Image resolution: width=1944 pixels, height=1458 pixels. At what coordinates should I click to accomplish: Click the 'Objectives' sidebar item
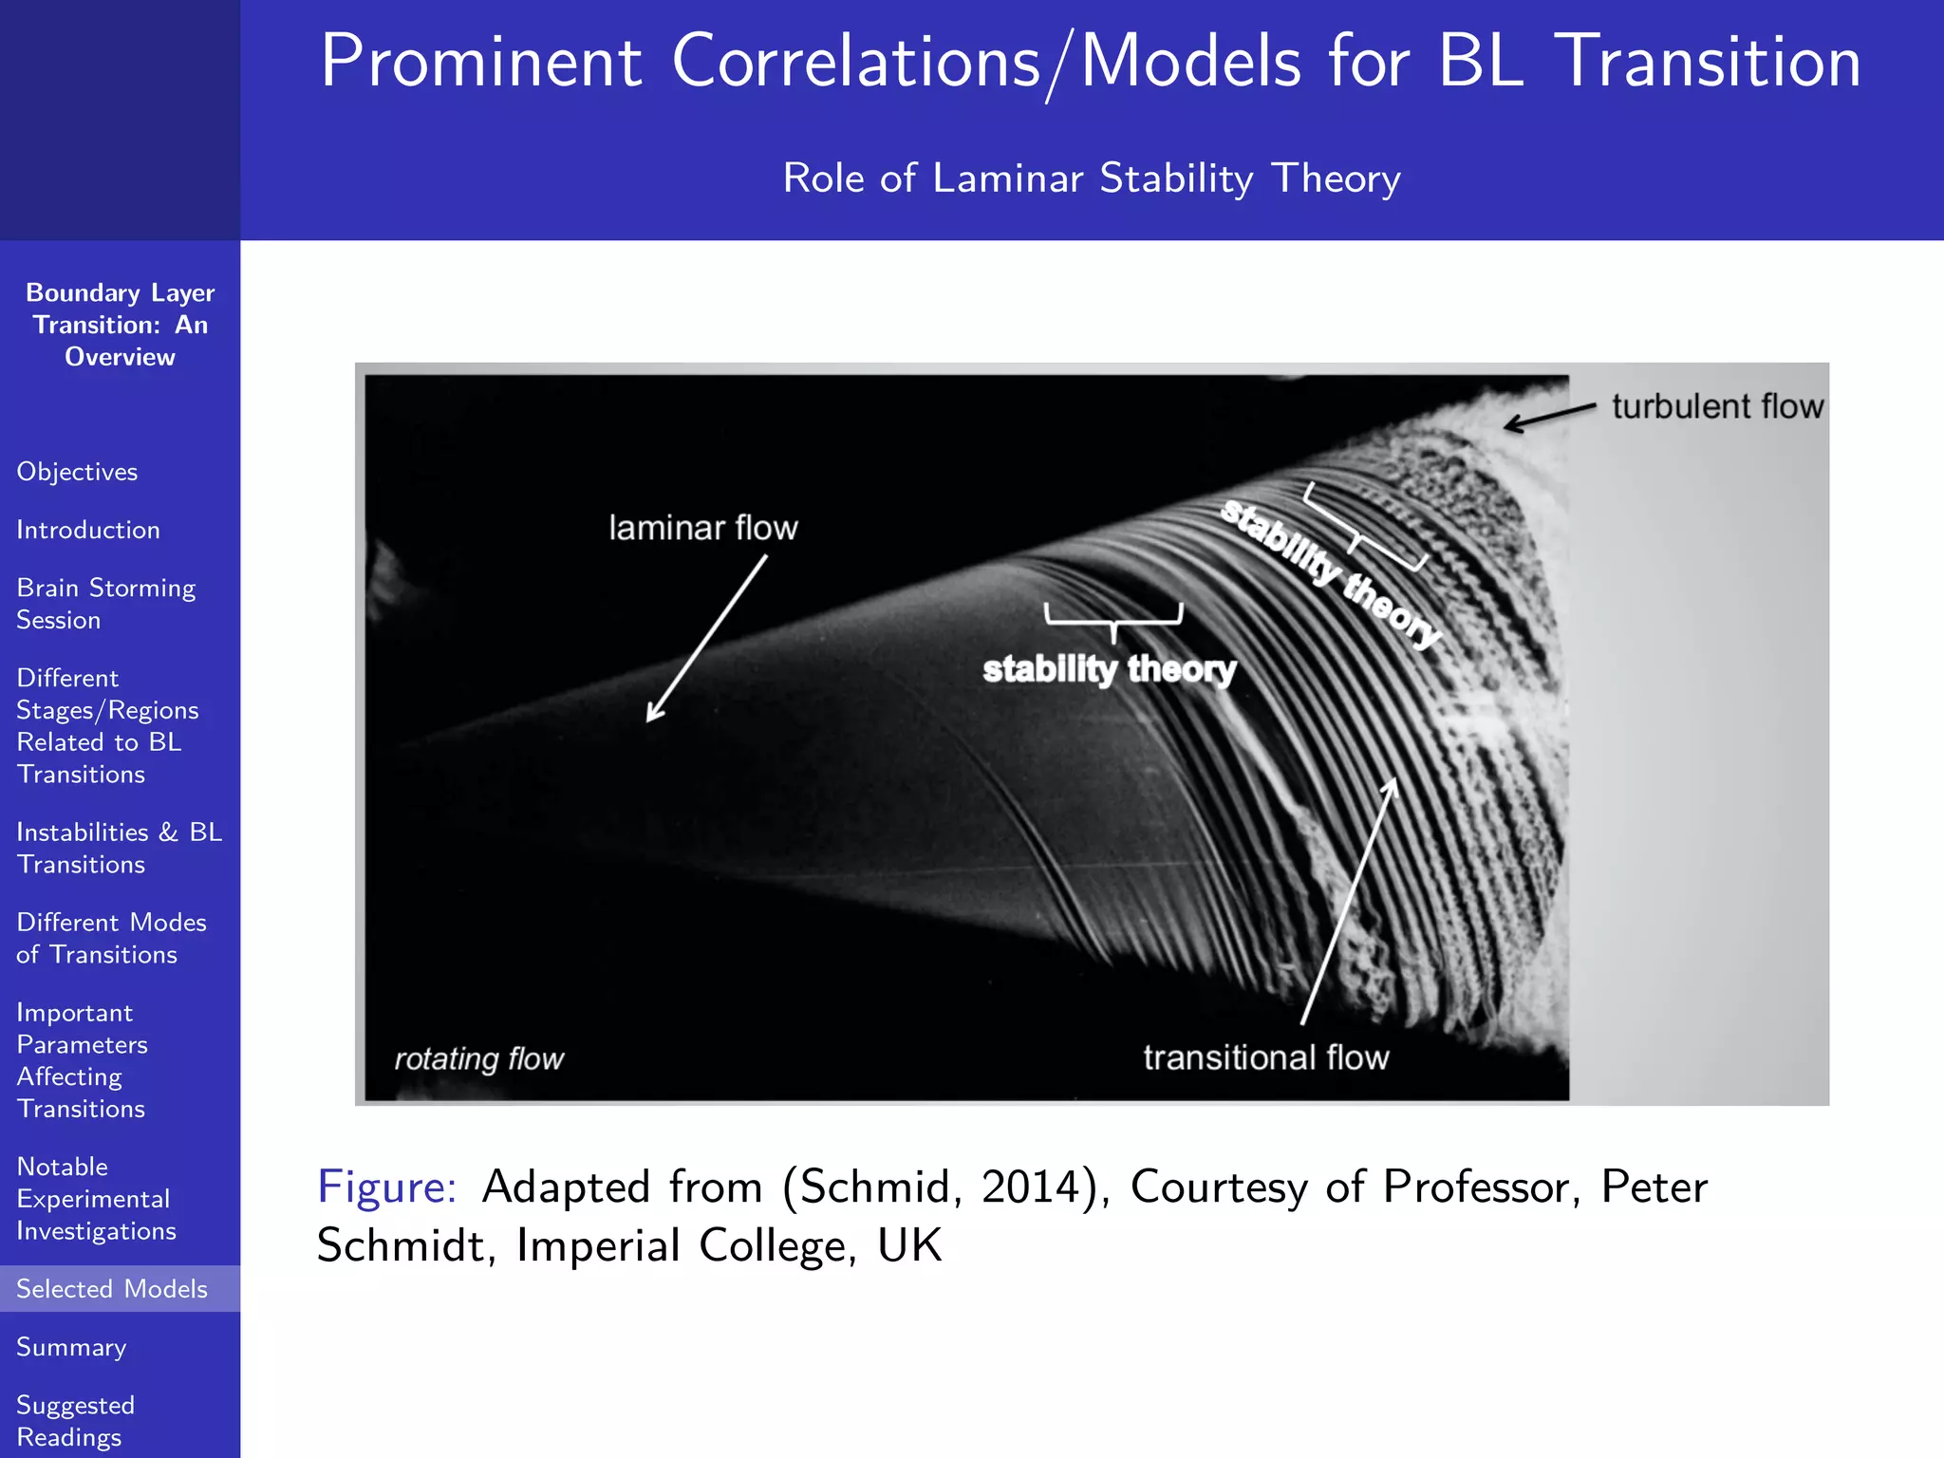[77, 472]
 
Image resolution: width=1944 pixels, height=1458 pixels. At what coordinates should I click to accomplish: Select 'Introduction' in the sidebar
[88, 530]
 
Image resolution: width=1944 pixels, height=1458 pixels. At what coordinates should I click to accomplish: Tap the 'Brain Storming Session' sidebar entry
[105, 604]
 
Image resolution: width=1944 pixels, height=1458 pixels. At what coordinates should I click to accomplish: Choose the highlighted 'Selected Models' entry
[112, 1289]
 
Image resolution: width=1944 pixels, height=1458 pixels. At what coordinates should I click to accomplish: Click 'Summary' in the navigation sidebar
[71, 1347]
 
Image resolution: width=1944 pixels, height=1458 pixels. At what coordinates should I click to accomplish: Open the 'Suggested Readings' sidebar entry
[75, 1421]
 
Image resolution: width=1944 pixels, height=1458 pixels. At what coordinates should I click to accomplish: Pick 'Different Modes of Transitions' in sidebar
[111, 938]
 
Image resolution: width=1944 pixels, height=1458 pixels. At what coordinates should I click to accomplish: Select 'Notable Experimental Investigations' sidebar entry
[96, 1198]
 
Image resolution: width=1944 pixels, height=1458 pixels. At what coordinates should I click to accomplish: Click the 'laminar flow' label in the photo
[702, 528]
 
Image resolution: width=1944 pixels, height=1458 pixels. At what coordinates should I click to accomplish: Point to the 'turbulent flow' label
[1717, 406]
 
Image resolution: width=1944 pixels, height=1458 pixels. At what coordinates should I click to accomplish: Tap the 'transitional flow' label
[1265, 1057]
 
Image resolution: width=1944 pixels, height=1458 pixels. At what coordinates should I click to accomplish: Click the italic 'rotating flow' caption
[478, 1058]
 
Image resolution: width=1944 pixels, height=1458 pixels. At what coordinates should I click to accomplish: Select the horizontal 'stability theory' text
[1109, 669]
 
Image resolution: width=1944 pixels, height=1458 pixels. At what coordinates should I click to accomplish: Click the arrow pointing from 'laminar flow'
[705, 639]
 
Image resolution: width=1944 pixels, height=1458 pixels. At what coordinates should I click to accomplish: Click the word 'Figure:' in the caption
[387, 1187]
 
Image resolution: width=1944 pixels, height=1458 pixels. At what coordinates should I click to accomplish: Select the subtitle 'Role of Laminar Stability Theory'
[1092, 178]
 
